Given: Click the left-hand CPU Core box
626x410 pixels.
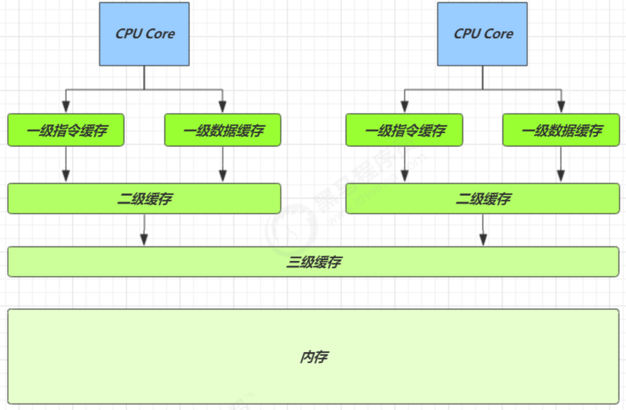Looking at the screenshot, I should (144, 34).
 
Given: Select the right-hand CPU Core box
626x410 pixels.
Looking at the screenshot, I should (482, 34).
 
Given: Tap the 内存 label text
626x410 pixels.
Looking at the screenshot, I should (314, 357).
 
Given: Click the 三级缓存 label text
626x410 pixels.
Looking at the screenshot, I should (314, 262).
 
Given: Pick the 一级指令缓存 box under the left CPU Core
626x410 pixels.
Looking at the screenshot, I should (66, 130).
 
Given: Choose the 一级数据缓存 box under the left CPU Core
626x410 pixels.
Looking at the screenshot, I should (223, 130).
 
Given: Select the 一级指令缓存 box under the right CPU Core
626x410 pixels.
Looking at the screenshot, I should (404, 130).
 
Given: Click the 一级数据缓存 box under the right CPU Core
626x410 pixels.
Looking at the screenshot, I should (561, 130).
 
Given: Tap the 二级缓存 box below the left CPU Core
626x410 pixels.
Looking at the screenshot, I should (144, 198).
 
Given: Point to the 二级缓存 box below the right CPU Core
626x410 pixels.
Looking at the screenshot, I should (482, 198).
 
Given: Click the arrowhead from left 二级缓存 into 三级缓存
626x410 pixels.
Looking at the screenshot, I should (144, 239).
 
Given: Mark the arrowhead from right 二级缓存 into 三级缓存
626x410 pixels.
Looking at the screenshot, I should (483, 239).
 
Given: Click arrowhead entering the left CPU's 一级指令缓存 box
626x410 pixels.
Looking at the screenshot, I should (66, 107).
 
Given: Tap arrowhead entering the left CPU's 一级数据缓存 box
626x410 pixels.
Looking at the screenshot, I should (223, 107).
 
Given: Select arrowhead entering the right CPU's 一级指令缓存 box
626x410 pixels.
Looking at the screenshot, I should (404, 107).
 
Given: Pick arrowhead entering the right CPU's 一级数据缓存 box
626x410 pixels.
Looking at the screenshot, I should (561, 107).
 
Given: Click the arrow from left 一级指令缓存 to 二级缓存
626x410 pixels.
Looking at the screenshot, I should (66, 165).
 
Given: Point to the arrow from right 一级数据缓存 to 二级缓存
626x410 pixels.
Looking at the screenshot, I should (561, 165).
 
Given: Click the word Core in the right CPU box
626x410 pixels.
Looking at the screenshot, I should (498, 34).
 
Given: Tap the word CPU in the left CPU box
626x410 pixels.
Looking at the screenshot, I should (129, 34).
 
